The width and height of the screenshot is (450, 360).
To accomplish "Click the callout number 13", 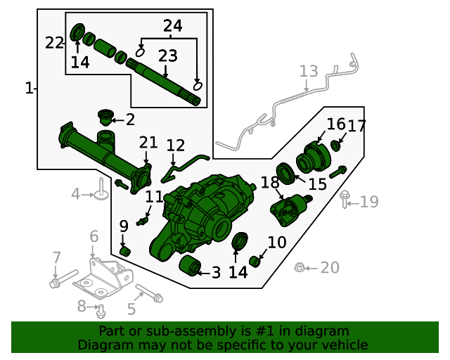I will tap(309, 71).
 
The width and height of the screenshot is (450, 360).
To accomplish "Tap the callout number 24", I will tap(173, 27).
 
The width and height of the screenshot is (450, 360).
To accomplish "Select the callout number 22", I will tap(54, 43).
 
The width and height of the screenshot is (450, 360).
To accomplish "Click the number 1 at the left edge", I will tap(29, 89).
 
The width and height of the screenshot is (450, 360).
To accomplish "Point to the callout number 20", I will tap(329, 268).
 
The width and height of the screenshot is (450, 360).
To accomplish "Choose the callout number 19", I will tap(369, 202).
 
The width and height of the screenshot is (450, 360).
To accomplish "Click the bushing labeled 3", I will tap(190, 267).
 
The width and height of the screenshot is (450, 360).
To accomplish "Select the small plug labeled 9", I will tap(127, 250).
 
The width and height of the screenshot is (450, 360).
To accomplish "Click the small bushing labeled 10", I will tap(256, 262).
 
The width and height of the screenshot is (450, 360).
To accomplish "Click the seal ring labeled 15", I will tap(286, 173).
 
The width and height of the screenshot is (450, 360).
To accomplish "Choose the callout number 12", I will tap(176, 146).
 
